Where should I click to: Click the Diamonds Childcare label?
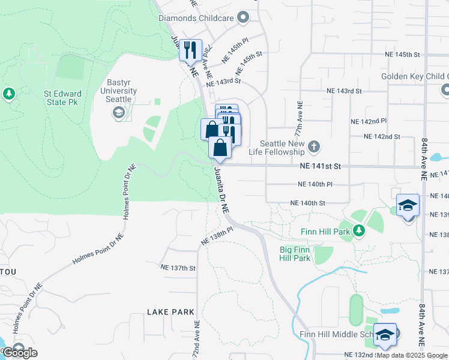click(196, 18)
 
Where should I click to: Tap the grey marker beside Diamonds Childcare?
click(243, 18)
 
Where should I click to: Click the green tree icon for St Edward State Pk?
click(8, 94)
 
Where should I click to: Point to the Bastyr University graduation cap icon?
click(119, 112)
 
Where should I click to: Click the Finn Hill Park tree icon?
click(359, 230)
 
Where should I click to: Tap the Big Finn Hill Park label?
click(295, 254)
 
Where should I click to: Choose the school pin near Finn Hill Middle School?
click(385, 335)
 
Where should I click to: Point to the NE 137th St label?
click(178, 268)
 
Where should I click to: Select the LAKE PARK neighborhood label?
click(171, 312)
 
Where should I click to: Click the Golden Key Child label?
click(414, 77)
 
